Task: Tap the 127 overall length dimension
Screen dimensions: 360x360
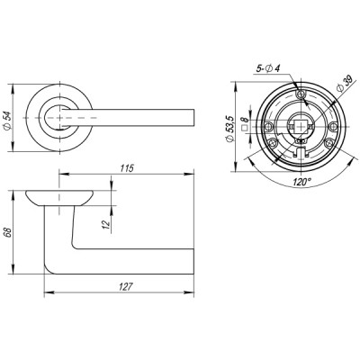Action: coord(125,287)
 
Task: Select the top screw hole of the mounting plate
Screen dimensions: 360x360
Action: coord(301,91)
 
